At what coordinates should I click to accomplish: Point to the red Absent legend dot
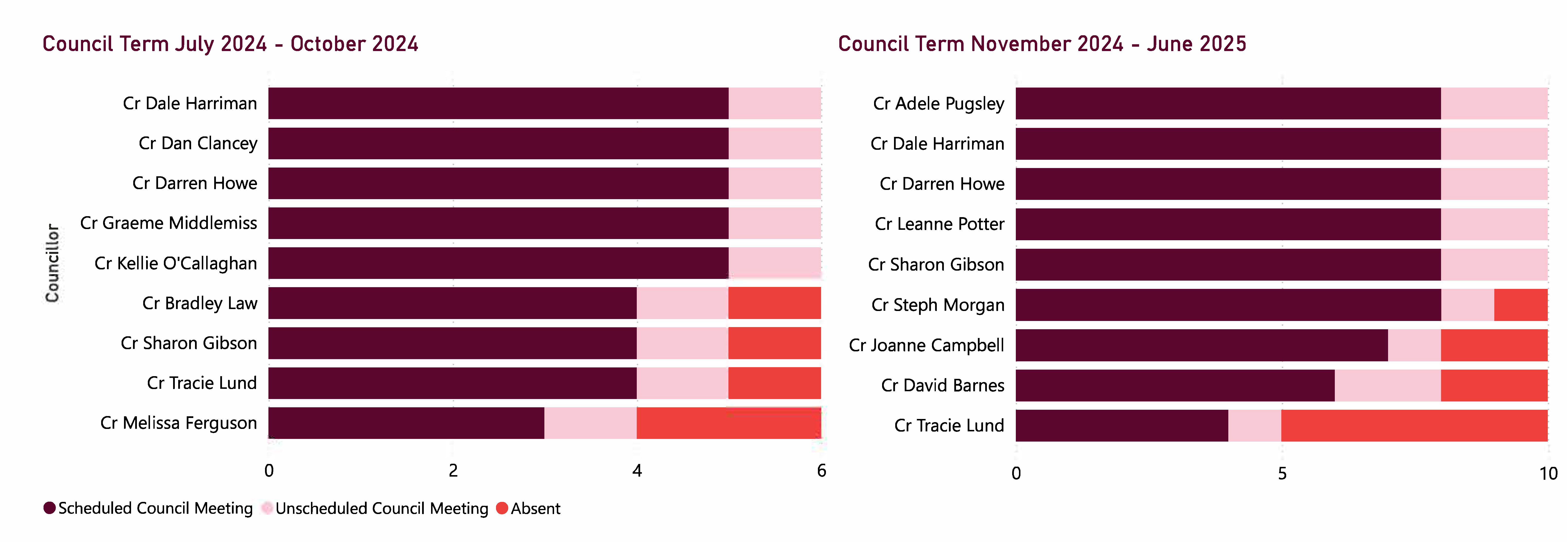(x=502, y=508)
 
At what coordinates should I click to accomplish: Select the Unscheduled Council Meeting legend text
(x=381, y=508)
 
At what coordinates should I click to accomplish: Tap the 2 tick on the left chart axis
(x=452, y=470)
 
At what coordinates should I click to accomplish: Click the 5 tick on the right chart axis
(x=1282, y=473)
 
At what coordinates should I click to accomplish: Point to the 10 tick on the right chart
(x=1548, y=473)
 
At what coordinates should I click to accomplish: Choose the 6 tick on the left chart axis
(x=821, y=470)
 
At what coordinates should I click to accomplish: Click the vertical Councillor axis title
(x=52, y=263)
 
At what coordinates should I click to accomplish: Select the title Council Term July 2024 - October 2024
(x=230, y=44)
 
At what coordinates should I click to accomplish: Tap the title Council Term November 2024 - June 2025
(x=1041, y=44)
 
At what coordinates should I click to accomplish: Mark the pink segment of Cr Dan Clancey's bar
(x=774, y=143)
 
